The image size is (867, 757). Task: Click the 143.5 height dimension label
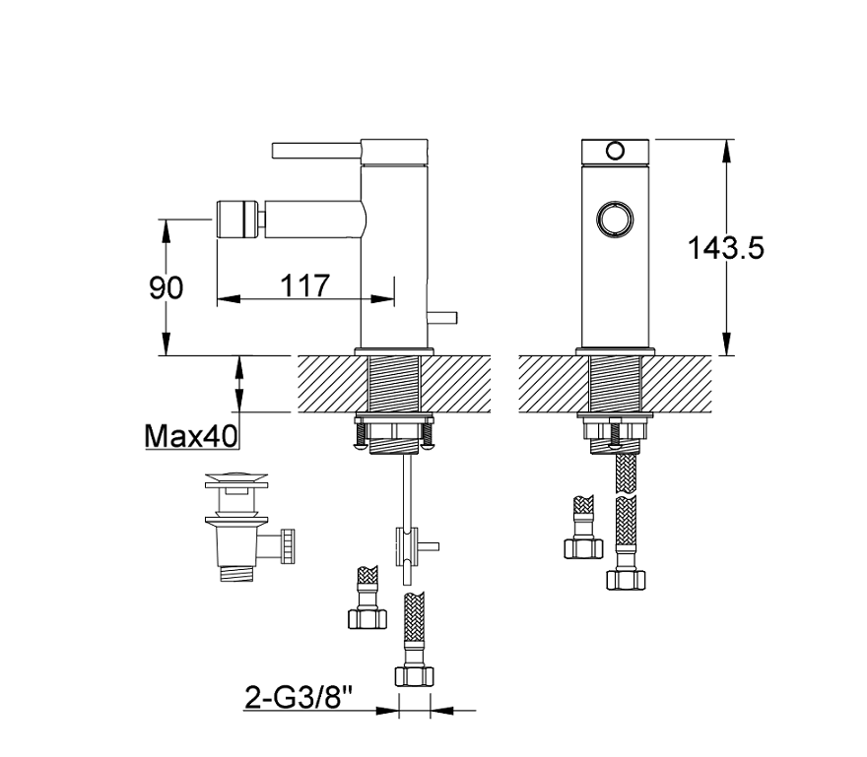point(725,247)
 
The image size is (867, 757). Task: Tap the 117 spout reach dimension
point(305,285)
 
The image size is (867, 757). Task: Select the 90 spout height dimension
point(166,287)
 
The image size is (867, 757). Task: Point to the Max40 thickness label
point(191,436)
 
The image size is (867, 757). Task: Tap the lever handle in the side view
point(316,150)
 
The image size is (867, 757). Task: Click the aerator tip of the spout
point(238,219)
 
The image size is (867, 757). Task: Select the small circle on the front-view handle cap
point(615,151)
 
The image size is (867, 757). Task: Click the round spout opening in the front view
point(615,218)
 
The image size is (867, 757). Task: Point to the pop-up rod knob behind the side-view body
point(442,318)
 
